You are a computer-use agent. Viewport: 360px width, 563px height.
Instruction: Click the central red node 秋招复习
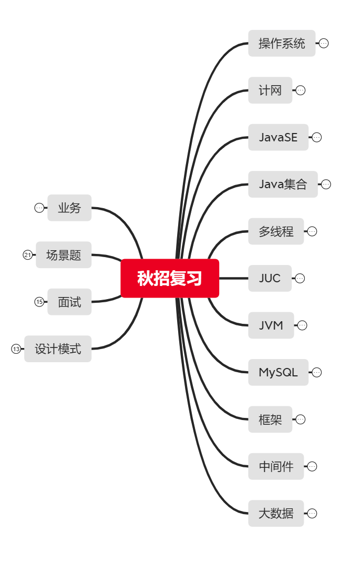(170, 278)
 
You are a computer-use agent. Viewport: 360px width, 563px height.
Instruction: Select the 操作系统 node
(282, 43)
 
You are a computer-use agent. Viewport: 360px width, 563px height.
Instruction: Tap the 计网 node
(270, 90)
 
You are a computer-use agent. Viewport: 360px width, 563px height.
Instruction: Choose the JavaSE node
(278, 137)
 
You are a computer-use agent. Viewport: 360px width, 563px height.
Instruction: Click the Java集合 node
(283, 184)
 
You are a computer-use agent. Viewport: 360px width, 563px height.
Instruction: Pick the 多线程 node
(276, 231)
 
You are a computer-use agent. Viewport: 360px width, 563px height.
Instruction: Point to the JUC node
(270, 278)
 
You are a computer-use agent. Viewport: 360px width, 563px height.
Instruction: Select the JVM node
(271, 325)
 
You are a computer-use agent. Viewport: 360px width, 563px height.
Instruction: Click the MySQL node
(278, 372)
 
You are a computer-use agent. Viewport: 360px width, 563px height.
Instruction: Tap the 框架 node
(270, 419)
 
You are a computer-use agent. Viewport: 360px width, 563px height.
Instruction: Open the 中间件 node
(276, 466)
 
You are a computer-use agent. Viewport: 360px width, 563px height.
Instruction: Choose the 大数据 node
(276, 513)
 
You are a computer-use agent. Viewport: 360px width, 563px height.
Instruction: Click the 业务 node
(69, 208)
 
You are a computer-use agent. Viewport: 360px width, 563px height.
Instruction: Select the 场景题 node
(64, 255)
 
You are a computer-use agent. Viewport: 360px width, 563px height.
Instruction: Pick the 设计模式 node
(58, 349)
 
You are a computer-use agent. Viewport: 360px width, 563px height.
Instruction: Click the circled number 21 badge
(27, 255)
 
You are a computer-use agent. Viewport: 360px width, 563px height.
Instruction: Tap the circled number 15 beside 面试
(39, 302)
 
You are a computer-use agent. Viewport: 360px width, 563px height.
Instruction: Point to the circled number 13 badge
(16, 349)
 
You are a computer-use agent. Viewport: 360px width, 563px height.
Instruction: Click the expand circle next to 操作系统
(324, 43)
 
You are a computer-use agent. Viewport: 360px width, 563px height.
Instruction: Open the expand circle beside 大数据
(312, 514)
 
